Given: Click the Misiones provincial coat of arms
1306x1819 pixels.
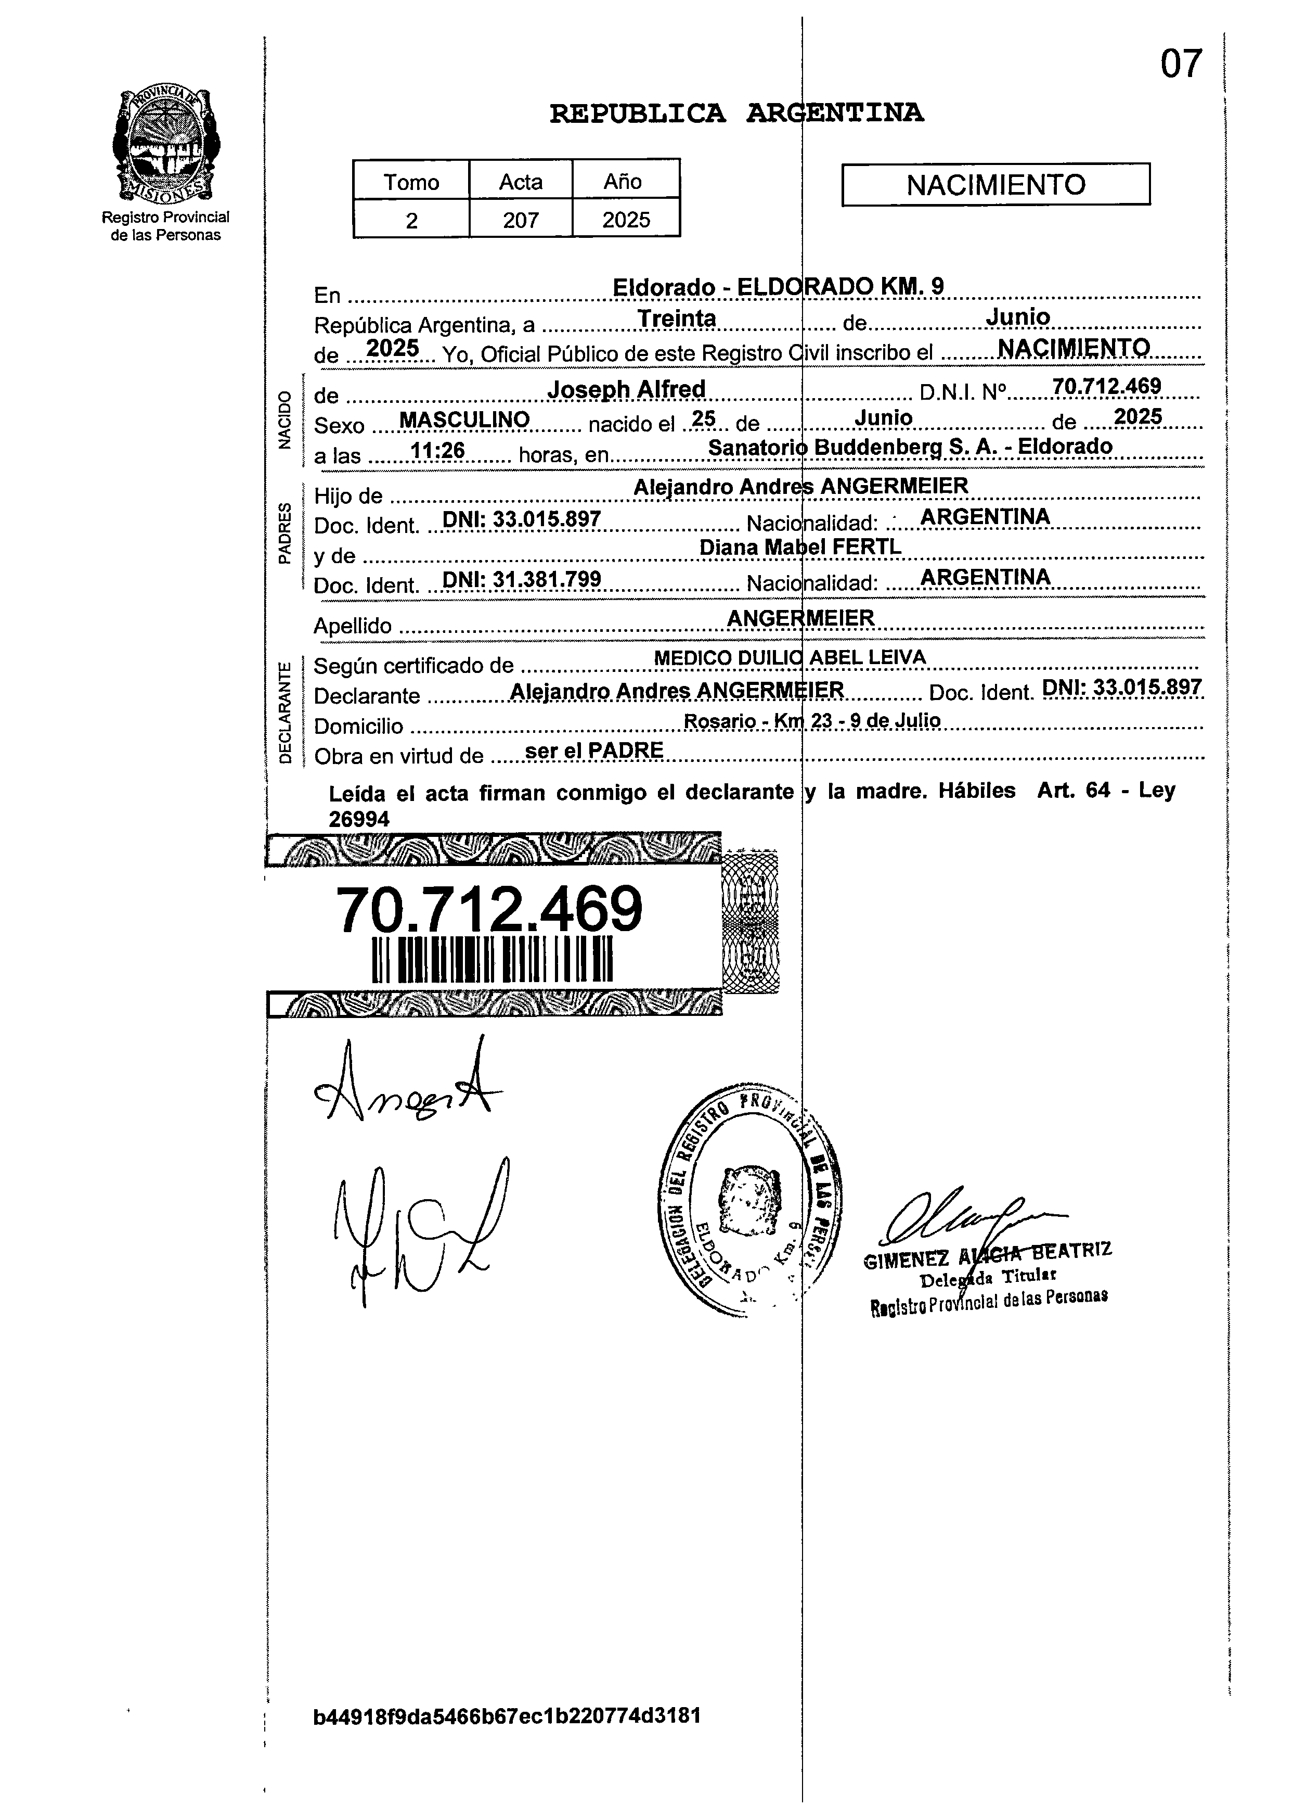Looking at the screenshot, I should [165, 144].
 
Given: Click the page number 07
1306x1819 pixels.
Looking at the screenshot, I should [1181, 64].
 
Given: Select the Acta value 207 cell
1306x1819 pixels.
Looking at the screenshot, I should [520, 220].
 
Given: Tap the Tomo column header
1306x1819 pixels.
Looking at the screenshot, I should [411, 182].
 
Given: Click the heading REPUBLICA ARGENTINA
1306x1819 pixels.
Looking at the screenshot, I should [736, 114].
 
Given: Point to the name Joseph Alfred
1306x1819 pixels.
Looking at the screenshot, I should [626, 389].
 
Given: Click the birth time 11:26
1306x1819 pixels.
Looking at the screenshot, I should [438, 451].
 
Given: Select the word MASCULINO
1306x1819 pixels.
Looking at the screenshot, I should [464, 419].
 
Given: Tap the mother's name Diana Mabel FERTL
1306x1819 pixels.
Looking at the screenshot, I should [800, 547].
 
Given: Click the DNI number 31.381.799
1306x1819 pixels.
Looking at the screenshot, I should [522, 579].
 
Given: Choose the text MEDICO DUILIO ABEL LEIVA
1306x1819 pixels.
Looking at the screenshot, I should [790, 658].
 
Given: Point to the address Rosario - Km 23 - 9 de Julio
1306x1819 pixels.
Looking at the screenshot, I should [811, 720].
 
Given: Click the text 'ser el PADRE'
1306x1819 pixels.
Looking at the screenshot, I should [593, 751].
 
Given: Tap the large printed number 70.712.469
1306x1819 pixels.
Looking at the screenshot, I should [489, 910].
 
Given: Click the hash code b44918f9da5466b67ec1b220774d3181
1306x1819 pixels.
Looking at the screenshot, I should [507, 1715].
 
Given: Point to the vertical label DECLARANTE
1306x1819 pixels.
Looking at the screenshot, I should [285, 711].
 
